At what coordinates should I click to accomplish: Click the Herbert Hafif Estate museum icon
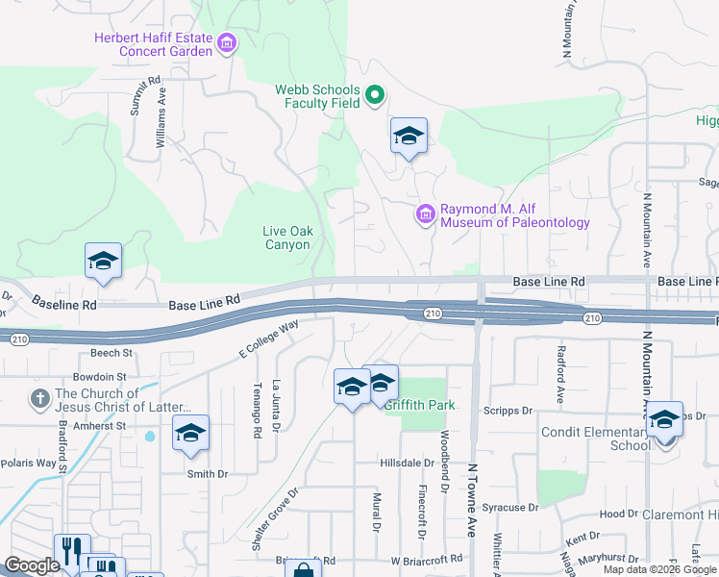(227, 42)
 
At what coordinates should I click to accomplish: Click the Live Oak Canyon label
(287, 238)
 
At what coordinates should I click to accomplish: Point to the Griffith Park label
(420, 405)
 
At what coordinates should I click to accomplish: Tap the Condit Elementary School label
(596, 439)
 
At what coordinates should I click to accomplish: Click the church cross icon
(40, 398)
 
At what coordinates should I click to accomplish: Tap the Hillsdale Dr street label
(408, 463)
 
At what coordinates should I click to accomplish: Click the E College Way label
(269, 340)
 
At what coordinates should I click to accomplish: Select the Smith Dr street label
(208, 473)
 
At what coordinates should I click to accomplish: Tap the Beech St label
(112, 353)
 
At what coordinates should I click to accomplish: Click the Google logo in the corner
(32, 565)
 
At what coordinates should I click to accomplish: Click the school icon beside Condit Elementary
(663, 419)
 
